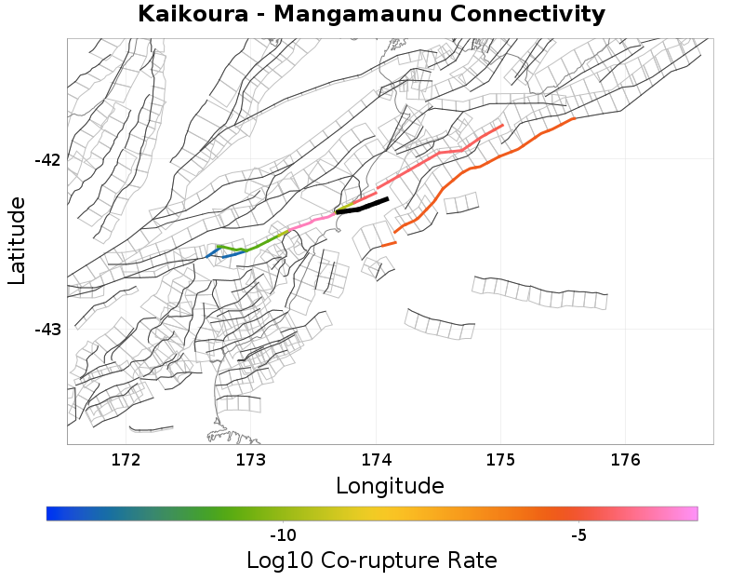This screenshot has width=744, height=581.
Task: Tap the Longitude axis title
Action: pyautogui.click(x=390, y=485)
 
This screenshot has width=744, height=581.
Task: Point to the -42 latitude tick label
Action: pyautogui.click(x=46, y=160)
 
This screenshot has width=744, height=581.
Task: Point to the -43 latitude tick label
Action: pyautogui.click(x=46, y=330)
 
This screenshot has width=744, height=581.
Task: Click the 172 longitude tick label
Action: pyautogui.click(x=126, y=459)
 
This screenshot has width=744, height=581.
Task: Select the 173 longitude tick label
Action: pyautogui.click(x=251, y=459)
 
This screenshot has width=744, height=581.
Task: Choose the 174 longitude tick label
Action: pyautogui.click(x=376, y=459)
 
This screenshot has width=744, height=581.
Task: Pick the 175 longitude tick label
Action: pyautogui.click(x=500, y=459)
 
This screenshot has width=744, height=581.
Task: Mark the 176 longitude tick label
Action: pyautogui.click(x=625, y=459)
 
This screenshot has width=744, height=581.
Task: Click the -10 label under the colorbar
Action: pyautogui.click(x=283, y=535)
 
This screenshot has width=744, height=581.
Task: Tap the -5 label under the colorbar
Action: pyautogui.click(x=578, y=535)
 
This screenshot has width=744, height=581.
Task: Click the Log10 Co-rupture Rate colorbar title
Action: pyautogui.click(x=371, y=561)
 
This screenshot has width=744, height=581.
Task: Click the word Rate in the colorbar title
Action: pyautogui.click(x=472, y=561)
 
